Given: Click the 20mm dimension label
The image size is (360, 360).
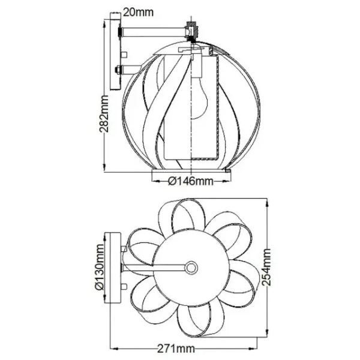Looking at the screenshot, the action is coord(138,12).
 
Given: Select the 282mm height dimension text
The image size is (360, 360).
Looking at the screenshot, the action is coord(104,113).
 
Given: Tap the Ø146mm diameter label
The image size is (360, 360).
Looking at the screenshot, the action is coord(191,181).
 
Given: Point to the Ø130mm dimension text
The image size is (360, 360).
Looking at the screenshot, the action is coord(100,268).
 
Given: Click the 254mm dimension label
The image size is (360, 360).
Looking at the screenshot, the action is coord(266,267).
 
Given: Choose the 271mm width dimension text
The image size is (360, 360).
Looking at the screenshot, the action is coord(176,349).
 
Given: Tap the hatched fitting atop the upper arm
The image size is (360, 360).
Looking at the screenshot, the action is coord(192,31).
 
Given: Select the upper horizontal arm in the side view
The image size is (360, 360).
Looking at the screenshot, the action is coord(154,32).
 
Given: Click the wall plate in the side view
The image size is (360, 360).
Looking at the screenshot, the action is coord(115,51).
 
